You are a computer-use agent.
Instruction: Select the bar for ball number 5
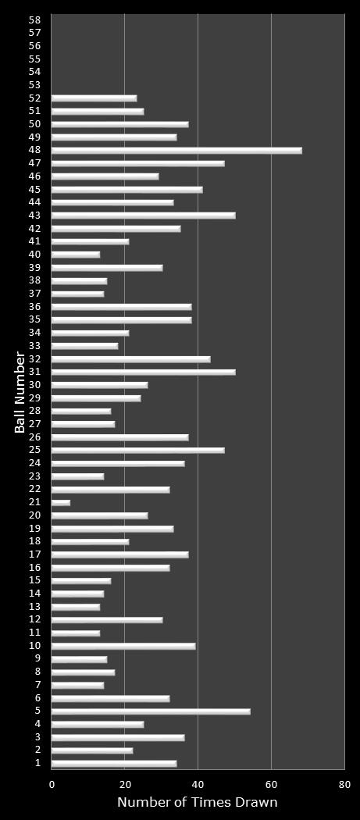151,711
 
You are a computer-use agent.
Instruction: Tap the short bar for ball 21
61,503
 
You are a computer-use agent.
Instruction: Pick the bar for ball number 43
144,216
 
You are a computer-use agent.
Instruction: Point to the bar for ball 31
144,372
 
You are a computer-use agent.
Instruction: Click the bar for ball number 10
123,646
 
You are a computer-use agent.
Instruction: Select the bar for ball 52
94,98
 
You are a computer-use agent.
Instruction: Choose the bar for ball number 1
114,764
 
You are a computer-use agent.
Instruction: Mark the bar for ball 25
138,451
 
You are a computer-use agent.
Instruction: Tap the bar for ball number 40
76,255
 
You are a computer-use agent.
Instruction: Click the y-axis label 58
35,20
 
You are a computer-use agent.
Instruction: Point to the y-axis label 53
35,84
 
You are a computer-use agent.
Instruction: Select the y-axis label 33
35,345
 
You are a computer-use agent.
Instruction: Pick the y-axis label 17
35,554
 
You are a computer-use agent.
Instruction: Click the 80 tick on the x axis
344,784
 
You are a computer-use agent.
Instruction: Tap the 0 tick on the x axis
52,784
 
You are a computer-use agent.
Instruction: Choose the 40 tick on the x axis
198,784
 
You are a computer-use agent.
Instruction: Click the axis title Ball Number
20,393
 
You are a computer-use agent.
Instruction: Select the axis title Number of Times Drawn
198,802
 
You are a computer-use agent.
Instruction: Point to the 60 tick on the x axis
271,784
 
